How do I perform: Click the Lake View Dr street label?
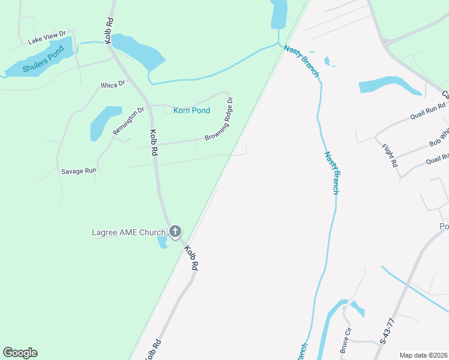click(x=46, y=38)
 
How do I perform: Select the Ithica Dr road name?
click(x=113, y=84)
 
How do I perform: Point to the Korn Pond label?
click(x=191, y=110)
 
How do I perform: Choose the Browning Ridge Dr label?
click(x=218, y=119)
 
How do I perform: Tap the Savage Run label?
click(x=79, y=171)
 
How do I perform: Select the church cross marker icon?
click(x=175, y=231)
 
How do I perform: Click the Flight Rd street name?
click(x=390, y=155)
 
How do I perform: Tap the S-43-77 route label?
click(x=387, y=332)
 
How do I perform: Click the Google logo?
click(x=20, y=353)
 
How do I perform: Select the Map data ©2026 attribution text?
click(x=423, y=355)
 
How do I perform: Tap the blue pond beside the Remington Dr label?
click(x=104, y=121)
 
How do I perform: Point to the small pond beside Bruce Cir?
click(x=358, y=309)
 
